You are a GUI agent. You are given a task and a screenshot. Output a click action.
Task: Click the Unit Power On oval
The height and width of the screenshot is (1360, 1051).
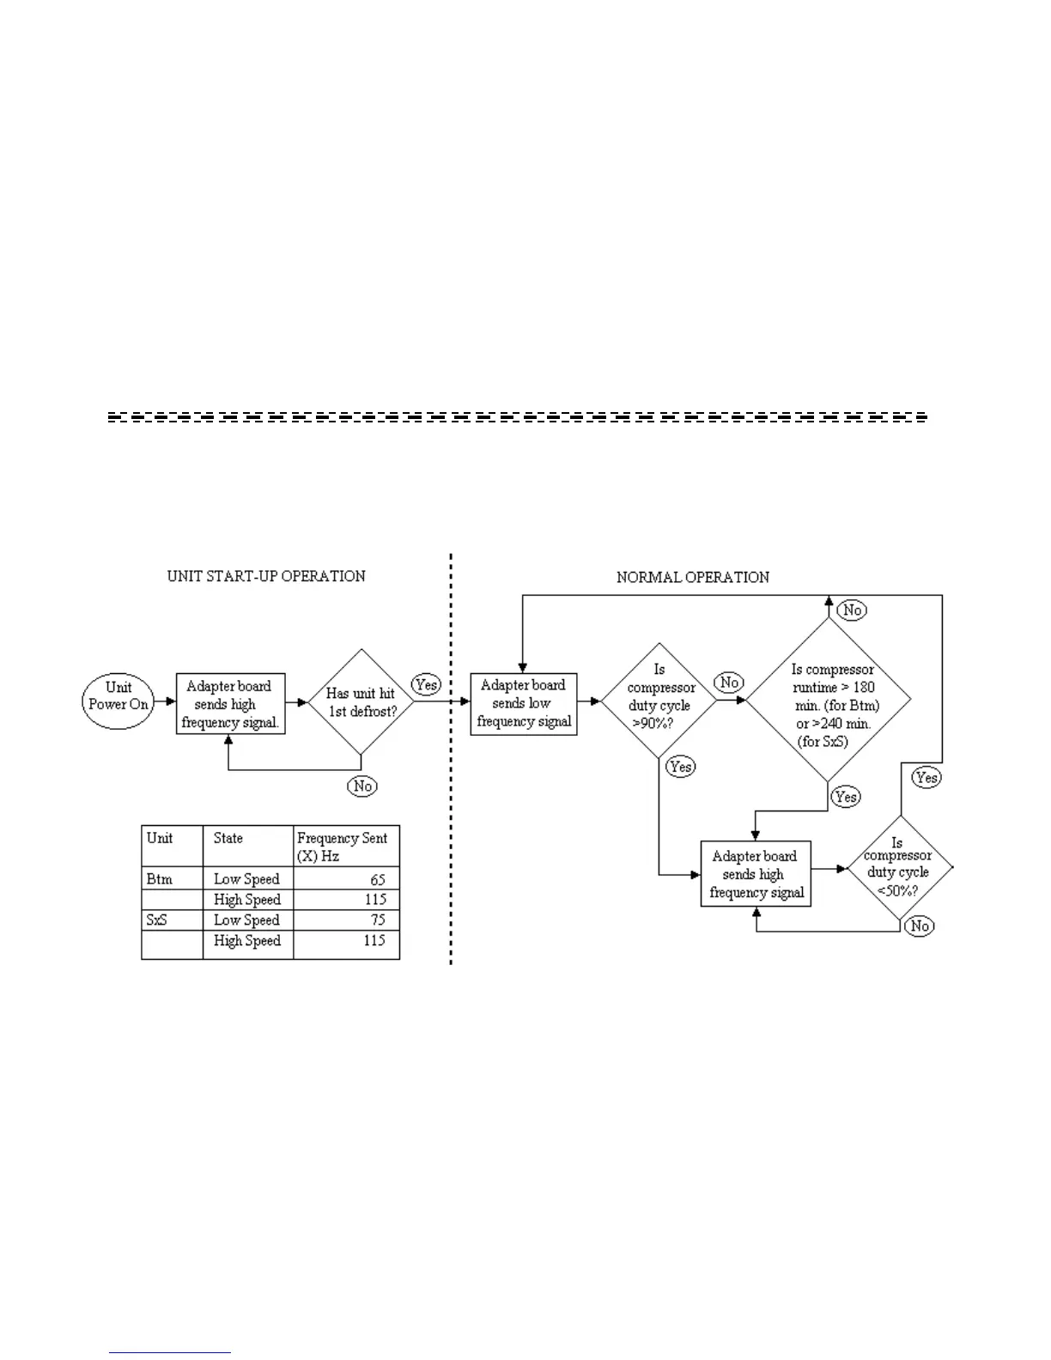coord(118,701)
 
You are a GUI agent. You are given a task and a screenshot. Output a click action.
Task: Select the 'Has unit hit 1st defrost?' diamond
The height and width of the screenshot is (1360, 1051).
coord(361,702)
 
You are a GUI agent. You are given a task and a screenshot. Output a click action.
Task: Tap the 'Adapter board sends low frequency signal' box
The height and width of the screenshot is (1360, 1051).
coord(524,703)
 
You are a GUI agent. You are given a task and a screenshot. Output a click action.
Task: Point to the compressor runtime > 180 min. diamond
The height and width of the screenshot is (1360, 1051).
coord(829,701)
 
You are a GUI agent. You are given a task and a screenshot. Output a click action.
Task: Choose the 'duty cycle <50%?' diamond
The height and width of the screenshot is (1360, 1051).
coord(899,869)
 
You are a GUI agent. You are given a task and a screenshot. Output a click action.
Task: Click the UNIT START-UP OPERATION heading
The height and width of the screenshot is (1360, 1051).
coord(266,576)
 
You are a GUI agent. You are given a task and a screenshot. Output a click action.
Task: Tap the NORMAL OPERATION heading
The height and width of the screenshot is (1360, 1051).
coord(692,577)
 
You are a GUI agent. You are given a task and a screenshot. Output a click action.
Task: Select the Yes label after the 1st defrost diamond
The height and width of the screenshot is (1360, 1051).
coord(426,684)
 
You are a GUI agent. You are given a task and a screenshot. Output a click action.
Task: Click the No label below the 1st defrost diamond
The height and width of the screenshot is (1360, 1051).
coord(363,786)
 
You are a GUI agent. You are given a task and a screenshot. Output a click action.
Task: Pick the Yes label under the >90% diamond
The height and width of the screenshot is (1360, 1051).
coord(680,767)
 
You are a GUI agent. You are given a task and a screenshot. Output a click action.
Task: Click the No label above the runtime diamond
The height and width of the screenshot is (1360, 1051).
coord(852,610)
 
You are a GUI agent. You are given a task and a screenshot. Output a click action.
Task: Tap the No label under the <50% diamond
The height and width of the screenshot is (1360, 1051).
coord(920,926)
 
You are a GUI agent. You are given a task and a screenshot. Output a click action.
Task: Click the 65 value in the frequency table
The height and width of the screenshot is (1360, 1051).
coord(378,879)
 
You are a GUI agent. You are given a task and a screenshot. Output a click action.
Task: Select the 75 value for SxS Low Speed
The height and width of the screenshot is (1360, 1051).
coord(378,920)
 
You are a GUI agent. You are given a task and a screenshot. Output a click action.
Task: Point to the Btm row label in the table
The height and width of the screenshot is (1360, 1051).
coord(160,879)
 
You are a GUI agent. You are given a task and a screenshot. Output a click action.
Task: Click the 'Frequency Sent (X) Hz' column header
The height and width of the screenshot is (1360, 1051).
coord(342,847)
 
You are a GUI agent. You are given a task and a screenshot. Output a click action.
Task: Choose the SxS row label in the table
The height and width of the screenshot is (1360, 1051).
coord(157,920)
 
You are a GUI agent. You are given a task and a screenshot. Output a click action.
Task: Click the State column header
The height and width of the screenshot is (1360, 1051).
coord(228,838)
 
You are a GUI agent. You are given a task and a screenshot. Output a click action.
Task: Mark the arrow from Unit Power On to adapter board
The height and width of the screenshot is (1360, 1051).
coord(164,702)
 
